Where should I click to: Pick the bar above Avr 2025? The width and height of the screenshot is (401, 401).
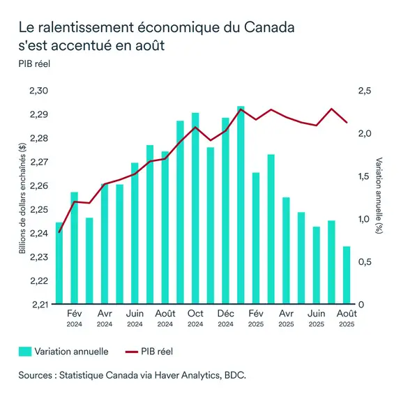tap(286, 250)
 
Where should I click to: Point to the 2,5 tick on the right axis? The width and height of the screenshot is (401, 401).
tap(365, 91)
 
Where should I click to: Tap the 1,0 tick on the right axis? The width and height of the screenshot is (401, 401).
tap(365, 219)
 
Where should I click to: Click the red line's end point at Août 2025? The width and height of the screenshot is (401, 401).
tap(347, 123)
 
